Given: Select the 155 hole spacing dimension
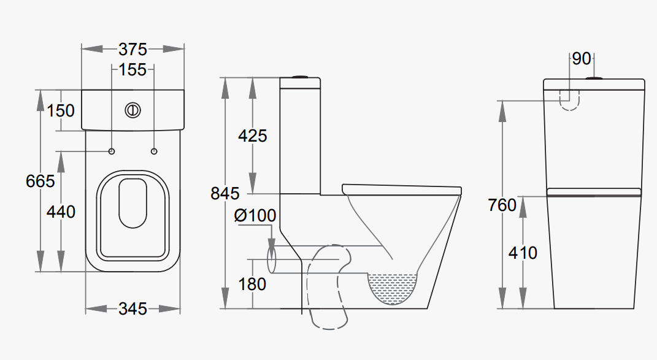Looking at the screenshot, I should click(133, 69).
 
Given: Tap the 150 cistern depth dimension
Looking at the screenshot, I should click(61, 110).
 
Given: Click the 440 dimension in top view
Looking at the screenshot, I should click(61, 212).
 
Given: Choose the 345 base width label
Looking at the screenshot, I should click(133, 308).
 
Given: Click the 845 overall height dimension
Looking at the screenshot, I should click(225, 193).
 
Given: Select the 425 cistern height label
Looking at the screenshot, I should click(252, 136).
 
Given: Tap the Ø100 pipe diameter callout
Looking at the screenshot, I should click(255, 215).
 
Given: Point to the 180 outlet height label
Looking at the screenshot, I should click(252, 284).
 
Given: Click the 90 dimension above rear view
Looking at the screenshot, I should click(582, 59).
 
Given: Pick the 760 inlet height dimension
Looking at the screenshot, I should click(502, 205).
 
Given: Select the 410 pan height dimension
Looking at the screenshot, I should click(523, 252).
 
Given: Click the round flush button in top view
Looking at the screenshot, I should click(133, 110).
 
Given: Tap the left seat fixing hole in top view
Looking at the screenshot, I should click(112, 151).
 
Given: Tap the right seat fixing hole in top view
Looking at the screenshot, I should click(153, 151).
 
